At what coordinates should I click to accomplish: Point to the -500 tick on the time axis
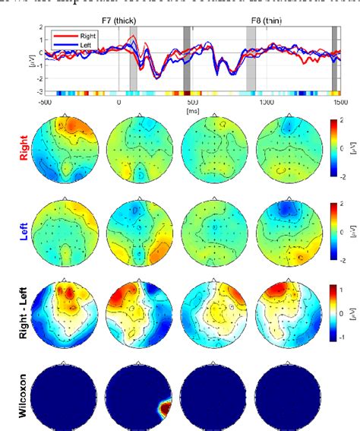tap(44, 101)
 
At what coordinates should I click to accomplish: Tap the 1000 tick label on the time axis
tap(266, 101)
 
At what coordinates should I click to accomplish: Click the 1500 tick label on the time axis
tap(339, 101)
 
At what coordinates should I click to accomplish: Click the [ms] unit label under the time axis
tap(191, 109)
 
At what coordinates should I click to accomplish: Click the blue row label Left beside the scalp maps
tap(24, 228)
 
